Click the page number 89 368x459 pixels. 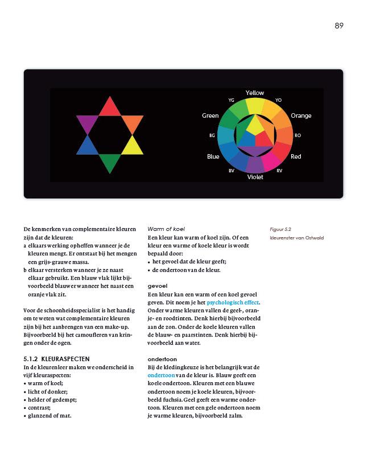(339, 26)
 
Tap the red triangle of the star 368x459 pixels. (110, 107)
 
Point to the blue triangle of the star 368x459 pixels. (87, 146)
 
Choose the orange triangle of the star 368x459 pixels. (132, 123)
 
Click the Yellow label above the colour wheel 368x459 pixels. (255, 93)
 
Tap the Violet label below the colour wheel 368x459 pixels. (255, 177)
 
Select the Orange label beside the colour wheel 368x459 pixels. (301, 116)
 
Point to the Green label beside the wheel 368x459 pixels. (210, 116)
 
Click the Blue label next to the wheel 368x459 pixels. (213, 156)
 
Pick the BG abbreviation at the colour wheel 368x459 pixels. (212, 136)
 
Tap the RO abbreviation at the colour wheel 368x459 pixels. (297, 135)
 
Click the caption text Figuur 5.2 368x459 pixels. (280, 229)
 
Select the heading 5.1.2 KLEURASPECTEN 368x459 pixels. (59, 359)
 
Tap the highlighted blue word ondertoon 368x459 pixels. (161, 375)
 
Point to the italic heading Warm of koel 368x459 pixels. (166, 229)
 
